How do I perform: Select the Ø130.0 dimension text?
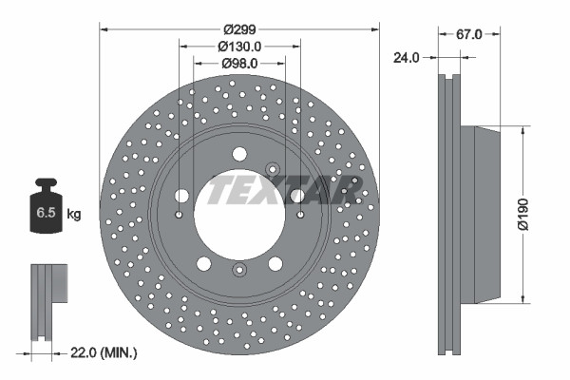[239, 46]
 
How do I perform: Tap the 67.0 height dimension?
[469, 33]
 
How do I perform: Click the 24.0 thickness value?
[407, 57]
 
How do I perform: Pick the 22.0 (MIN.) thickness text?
[104, 352]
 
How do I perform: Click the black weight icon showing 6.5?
[46, 206]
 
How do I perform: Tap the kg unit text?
[74, 215]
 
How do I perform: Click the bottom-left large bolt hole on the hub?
[203, 263]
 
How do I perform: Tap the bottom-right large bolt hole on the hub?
[275, 263]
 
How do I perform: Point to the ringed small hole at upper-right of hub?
[272, 170]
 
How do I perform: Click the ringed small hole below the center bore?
[238, 271]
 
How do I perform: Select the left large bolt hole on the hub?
[181, 196]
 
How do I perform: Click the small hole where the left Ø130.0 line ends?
[178, 215]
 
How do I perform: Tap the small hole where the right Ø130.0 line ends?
[300, 215]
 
